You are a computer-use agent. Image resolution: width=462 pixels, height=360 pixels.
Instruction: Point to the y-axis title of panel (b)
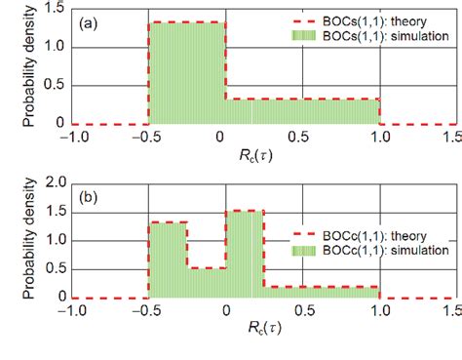(16, 240)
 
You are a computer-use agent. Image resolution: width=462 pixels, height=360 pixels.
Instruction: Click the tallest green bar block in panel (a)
(186, 73)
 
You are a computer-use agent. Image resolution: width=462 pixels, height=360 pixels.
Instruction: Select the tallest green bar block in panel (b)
(245, 254)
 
